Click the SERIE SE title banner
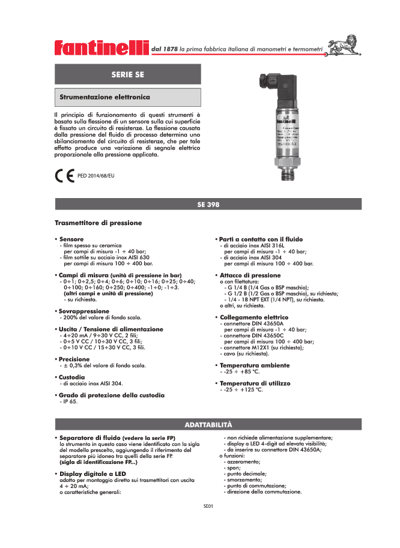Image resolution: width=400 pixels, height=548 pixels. tap(128, 74)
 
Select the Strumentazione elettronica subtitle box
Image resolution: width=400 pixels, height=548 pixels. tap(128, 96)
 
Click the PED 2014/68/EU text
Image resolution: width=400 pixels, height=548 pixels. tap(97, 176)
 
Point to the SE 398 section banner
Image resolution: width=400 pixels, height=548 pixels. tap(208, 204)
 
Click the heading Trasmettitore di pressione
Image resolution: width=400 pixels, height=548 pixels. tap(98, 223)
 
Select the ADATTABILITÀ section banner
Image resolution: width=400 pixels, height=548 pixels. tap(208, 424)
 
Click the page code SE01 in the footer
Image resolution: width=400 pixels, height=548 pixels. tap(208, 506)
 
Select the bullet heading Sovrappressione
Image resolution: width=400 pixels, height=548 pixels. tap(83, 311)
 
